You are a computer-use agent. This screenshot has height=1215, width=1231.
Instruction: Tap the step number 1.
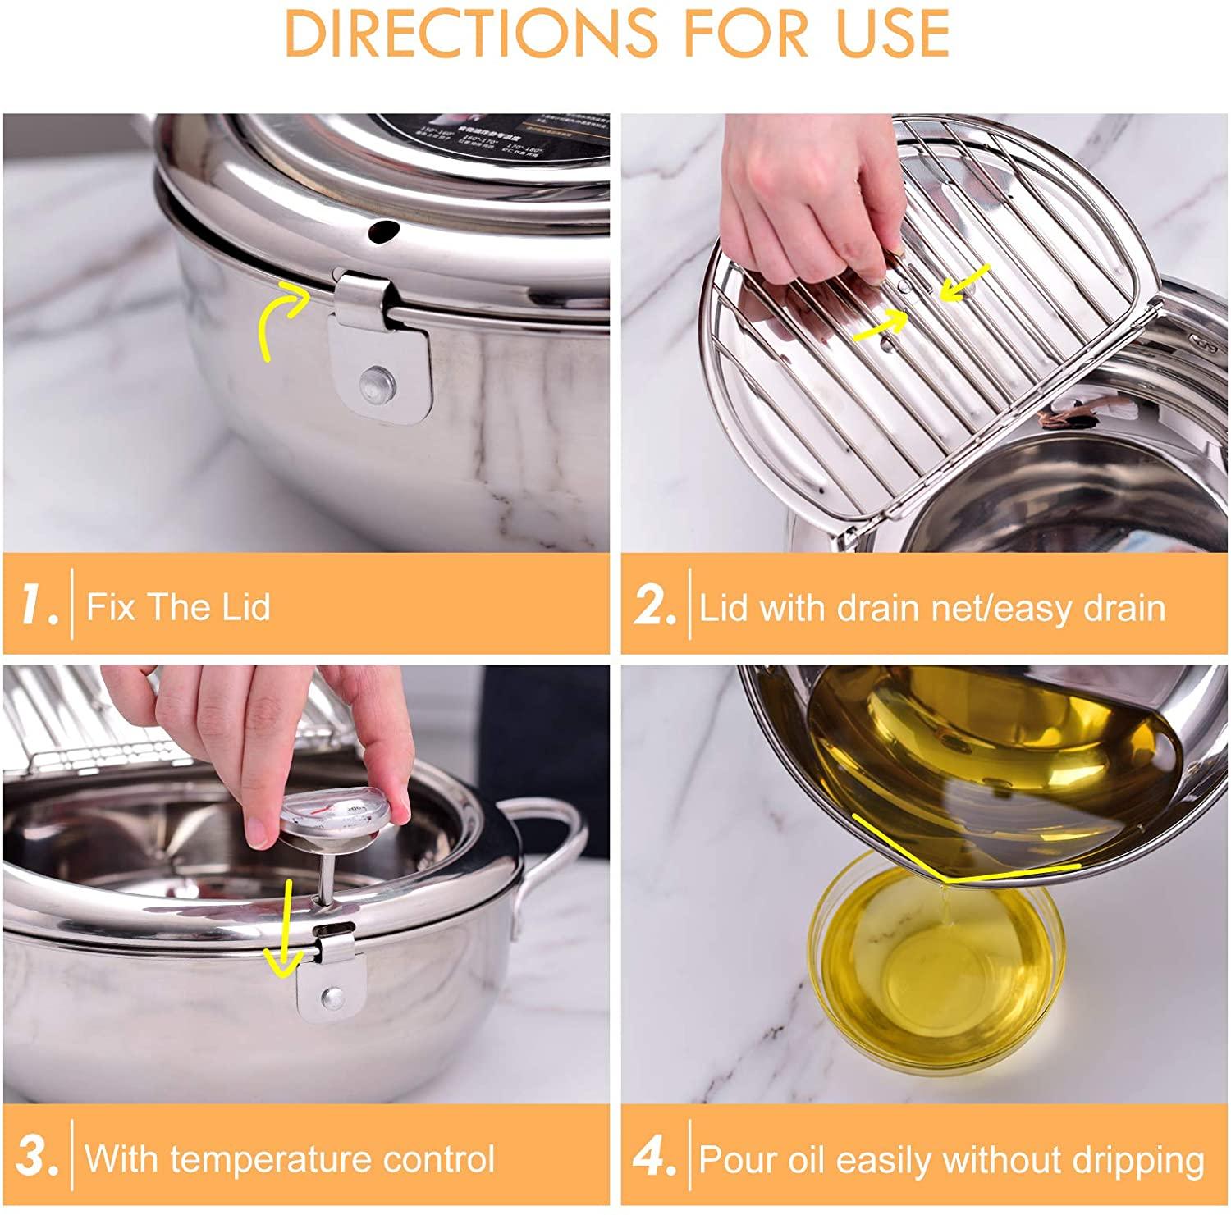[36, 606]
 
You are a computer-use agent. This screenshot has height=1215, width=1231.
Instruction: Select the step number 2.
[655, 606]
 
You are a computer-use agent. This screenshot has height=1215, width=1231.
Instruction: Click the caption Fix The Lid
[178, 607]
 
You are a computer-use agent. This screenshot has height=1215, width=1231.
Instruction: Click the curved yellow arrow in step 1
[279, 320]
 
